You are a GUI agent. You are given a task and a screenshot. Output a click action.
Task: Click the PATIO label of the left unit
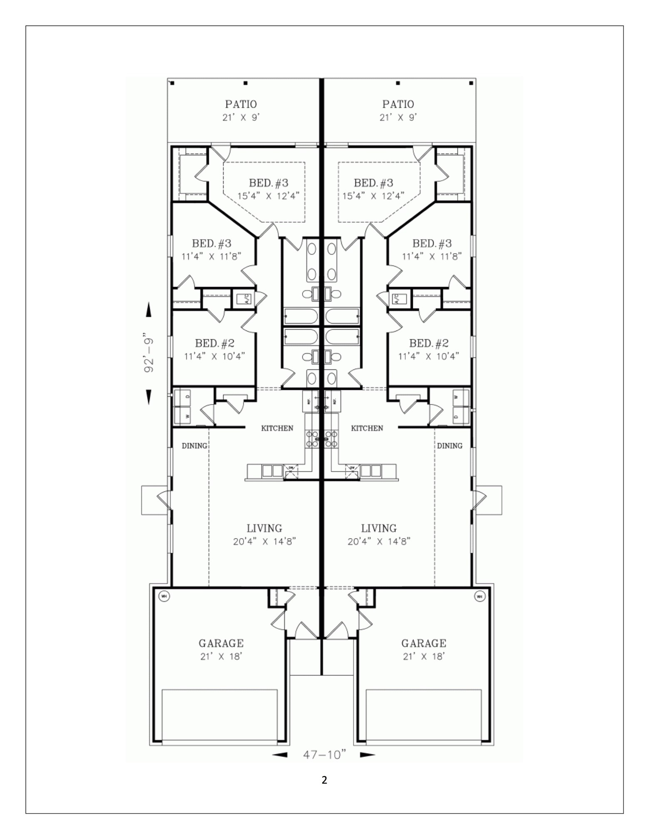[241, 104]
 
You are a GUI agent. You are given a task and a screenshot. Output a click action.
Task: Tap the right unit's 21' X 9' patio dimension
[398, 117]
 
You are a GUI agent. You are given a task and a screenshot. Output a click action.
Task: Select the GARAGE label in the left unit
[221, 643]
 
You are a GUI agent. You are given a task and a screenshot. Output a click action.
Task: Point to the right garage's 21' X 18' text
[423, 656]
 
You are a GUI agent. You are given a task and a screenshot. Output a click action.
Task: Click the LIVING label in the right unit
[378, 528]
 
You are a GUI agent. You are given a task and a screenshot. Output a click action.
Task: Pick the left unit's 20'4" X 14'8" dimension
[264, 542]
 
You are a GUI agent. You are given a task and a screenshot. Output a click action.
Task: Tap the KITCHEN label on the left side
[277, 428]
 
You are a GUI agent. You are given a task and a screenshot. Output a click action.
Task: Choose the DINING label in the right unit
[450, 445]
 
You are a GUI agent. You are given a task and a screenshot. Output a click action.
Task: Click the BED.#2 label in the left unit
[214, 343]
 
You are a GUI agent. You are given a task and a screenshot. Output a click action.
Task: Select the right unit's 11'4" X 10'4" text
[428, 356]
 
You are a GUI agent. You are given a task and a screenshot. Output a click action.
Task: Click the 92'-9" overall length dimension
[149, 352]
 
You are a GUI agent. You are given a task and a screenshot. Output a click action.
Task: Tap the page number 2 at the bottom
[324, 780]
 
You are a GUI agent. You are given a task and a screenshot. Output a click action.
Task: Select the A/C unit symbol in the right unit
[397, 298]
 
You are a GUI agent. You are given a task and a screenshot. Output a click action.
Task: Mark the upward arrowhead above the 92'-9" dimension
[149, 309]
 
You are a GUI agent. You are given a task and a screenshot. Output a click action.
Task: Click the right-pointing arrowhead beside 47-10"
[367, 755]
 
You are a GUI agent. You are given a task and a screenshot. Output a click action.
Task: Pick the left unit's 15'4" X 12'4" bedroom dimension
[269, 196]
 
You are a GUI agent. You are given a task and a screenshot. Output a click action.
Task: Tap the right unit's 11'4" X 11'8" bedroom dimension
[432, 256]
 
